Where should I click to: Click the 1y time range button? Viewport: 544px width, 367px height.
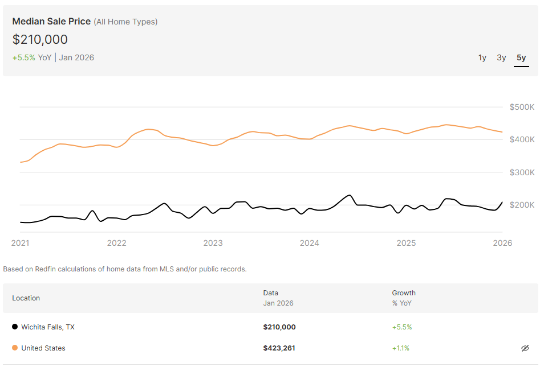tap(482, 57)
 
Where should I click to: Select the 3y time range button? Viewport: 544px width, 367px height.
tap(501, 57)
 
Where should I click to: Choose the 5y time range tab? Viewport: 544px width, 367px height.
tap(521, 57)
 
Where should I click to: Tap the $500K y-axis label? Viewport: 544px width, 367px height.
tap(522, 107)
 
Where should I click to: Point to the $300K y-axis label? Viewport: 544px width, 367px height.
tap(522, 172)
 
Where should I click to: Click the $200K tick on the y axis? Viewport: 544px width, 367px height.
tap(522, 205)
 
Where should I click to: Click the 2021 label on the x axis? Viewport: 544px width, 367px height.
tap(20, 243)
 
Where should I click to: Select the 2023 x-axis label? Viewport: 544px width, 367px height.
tap(213, 243)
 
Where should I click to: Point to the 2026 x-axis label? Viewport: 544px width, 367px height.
tap(502, 243)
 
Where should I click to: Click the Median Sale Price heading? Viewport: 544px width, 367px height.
tap(51, 22)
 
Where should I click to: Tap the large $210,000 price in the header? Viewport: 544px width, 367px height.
tap(40, 39)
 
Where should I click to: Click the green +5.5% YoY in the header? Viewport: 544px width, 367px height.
tap(24, 57)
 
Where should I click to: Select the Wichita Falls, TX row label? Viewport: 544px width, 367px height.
tap(48, 327)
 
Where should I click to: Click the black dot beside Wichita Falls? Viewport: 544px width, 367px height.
tap(15, 327)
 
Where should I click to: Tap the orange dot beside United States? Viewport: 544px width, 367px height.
tap(15, 348)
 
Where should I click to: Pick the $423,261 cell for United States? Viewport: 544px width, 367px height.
tap(279, 348)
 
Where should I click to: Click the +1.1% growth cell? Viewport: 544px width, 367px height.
tap(400, 348)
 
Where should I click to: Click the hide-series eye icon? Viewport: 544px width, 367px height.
tap(525, 348)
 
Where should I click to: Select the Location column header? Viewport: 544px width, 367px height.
tap(26, 298)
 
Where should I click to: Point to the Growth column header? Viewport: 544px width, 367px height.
tap(404, 293)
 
